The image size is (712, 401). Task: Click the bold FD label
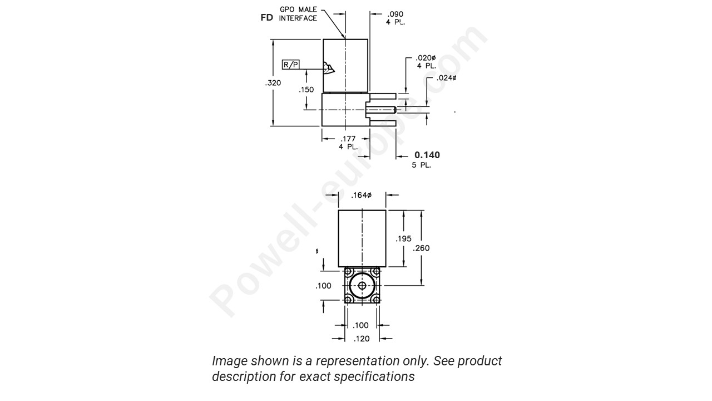click(x=266, y=17)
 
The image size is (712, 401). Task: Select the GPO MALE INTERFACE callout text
click(x=298, y=14)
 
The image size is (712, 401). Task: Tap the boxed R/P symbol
click(x=291, y=65)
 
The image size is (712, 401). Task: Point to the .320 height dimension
click(x=273, y=83)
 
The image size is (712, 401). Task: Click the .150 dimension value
click(x=306, y=89)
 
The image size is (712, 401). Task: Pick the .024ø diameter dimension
click(x=446, y=78)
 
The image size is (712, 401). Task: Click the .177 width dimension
click(x=349, y=139)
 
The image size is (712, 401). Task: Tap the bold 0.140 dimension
click(x=427, y=155)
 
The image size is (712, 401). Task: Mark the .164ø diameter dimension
click(x=362, y=195)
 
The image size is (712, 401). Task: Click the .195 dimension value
click(x=403, y=238)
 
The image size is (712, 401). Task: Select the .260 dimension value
click(x=421, y=248)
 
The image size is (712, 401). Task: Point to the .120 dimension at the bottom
click(x=362, y=338)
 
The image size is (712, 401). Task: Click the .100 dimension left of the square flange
click(x=323, y=286)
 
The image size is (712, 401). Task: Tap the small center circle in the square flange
click(x=362, y=286)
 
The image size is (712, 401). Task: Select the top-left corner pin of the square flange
click(x=348, y=272)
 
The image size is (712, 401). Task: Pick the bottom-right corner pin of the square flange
click(x=376, y=300)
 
